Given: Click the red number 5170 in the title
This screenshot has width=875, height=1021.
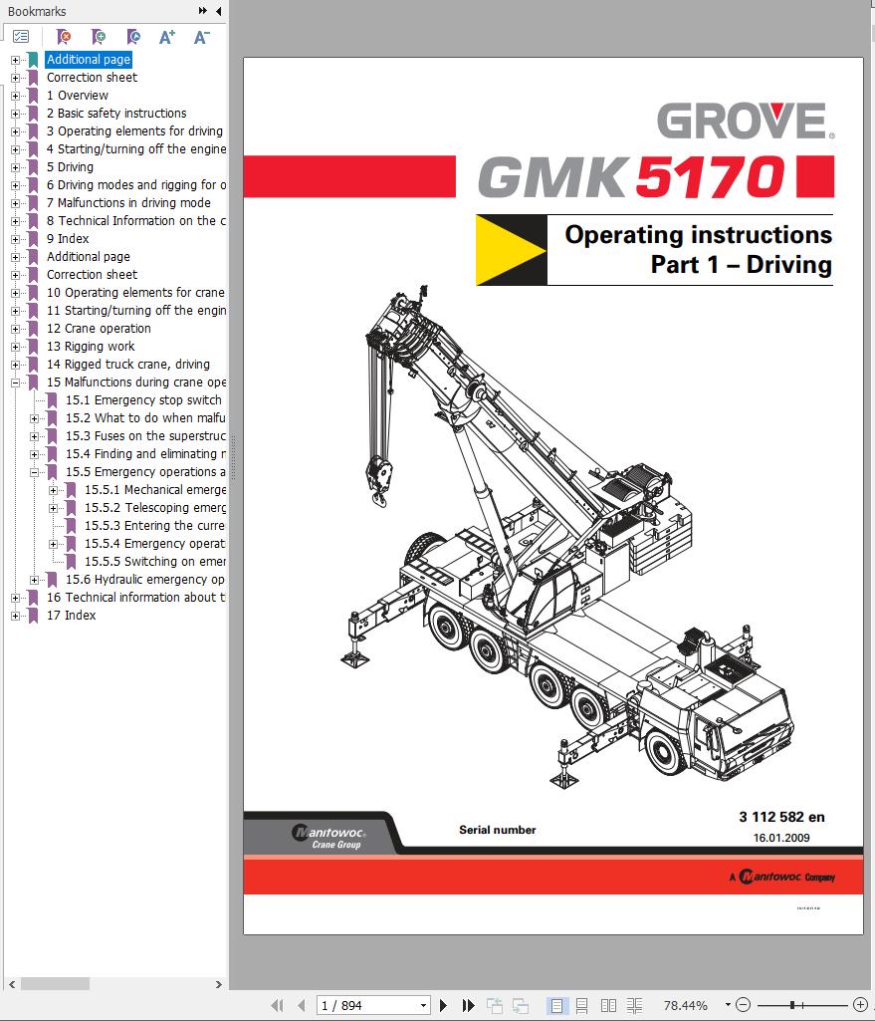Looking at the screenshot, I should point(708,176).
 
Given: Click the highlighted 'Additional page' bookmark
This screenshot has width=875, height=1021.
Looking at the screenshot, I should point(89,60).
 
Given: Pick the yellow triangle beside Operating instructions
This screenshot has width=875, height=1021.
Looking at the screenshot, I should point(508,250).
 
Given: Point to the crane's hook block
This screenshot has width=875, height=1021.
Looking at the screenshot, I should point(379,476).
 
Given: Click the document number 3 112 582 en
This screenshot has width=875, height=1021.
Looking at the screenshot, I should point(781,817).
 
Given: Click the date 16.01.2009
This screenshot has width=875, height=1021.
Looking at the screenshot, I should point(781,838).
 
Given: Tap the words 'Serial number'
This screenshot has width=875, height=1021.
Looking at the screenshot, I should point(497,830).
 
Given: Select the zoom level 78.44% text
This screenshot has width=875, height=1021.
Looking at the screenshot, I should point(685,1006).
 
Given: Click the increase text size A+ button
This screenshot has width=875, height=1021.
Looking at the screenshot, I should point(167,37).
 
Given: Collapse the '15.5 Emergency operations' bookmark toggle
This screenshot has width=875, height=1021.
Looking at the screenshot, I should point(35,472).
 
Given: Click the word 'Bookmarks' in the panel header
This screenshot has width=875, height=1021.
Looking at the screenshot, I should point(37,11).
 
